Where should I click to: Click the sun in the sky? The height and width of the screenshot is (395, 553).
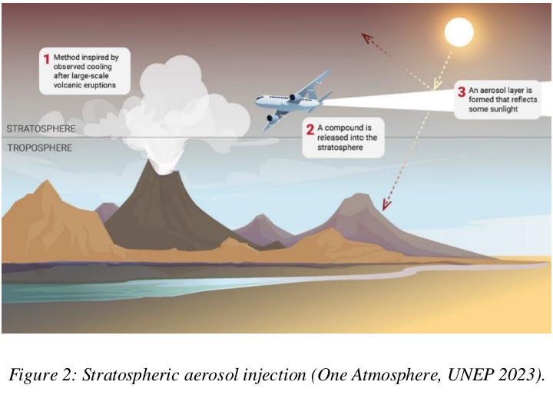click(x=459, y=32)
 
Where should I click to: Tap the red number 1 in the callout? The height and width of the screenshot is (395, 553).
click(x=46, y=58)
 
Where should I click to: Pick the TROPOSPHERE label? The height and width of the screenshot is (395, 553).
click(x=38, y=148)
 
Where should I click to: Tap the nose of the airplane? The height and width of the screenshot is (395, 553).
click(x=258, y=100)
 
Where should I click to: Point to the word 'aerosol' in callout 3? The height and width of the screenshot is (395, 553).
click(x=491, y=89)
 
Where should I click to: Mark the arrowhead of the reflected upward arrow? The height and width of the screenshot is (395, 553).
click(x=366, y=37)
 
